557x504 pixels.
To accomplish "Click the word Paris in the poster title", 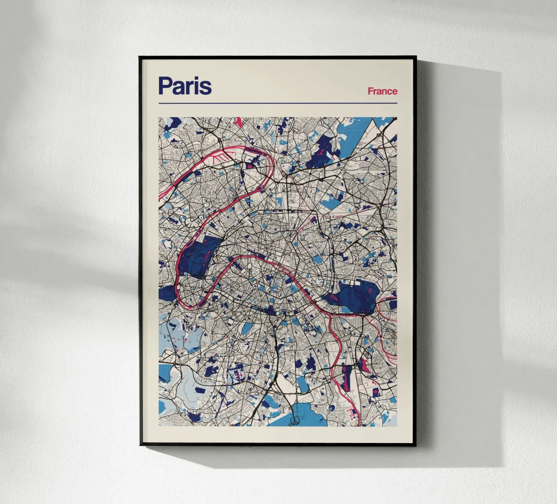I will click(185, 86).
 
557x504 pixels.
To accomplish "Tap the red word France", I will click(382, 91).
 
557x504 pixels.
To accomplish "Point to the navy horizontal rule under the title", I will click(278, 103).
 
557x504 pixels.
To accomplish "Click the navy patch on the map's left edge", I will click(166, 294).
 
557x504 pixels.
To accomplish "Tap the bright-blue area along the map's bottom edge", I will click(305, 413).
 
